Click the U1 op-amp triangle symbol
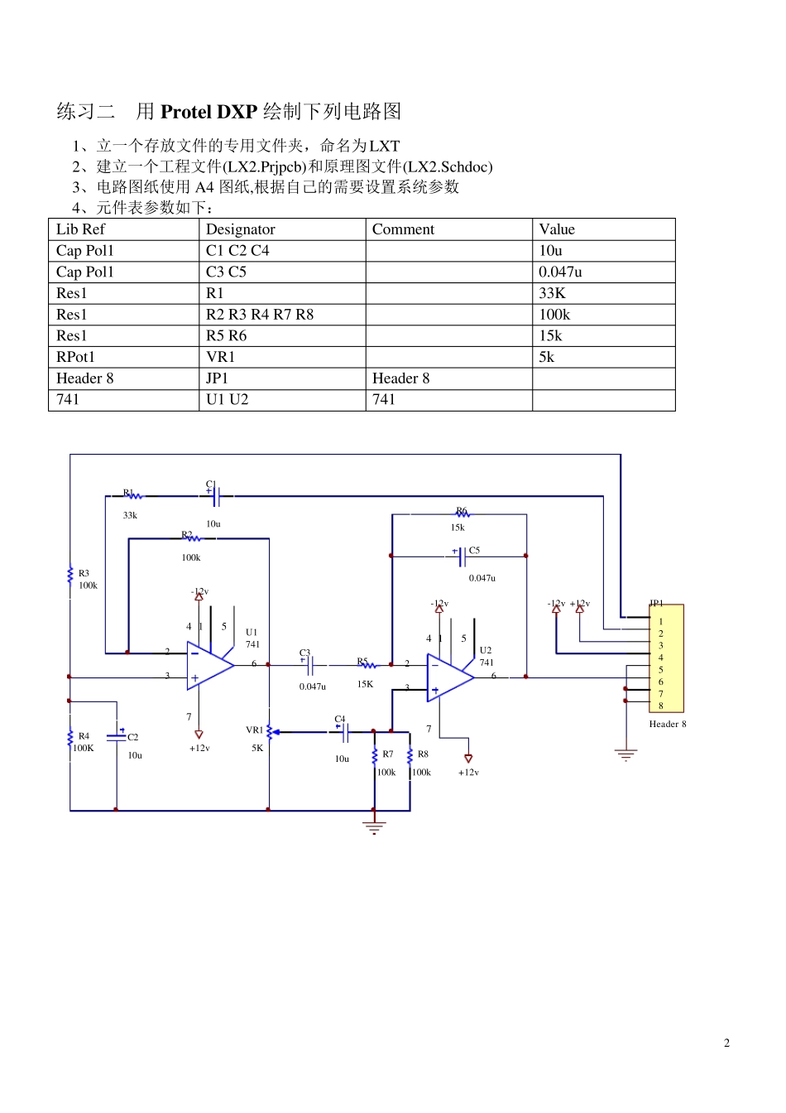(209, 665)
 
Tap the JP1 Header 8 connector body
(666, 658)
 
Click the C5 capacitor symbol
(462, 556)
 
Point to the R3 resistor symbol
(70, 575)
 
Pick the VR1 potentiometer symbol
(270, 732)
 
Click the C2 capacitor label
(133, 737)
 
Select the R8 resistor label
(423, 754)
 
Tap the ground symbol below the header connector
(625, 754)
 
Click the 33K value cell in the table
(552, 293)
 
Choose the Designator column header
(240, 229)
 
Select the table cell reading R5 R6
(226, 335)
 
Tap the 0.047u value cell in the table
(560, 272)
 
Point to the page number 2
(726, 1043)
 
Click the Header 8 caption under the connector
(667, 724)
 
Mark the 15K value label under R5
(365, 684)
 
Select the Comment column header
(403, 229)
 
